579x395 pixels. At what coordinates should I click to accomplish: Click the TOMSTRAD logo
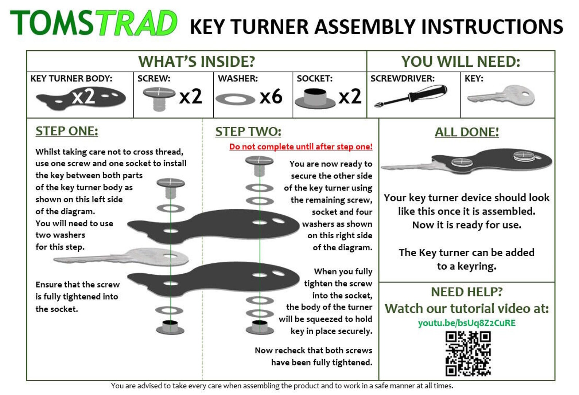pos(93,23)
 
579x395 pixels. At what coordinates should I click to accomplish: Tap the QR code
pos(468,353)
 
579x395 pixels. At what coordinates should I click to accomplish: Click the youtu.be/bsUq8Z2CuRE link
pos(466,323)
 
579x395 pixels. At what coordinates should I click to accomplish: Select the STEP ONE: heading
pos(67,131)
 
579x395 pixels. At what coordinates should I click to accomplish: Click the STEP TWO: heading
pos(248,132)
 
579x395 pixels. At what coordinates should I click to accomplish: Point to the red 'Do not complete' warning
pos(301,147)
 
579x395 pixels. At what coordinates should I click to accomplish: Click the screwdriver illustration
pos(411,96)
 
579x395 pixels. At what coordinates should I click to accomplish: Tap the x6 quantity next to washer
pos(271,97)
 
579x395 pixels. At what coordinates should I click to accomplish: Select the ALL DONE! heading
pos(466,132)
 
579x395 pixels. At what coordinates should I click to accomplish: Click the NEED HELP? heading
pos(466,292)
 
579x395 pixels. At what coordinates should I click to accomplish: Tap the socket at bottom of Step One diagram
pos(170,327)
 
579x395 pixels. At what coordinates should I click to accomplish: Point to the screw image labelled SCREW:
pos(159,98)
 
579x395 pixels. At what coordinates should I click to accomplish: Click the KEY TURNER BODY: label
pos(71,78)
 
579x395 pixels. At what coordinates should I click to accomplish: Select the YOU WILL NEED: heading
pos(461,62)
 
